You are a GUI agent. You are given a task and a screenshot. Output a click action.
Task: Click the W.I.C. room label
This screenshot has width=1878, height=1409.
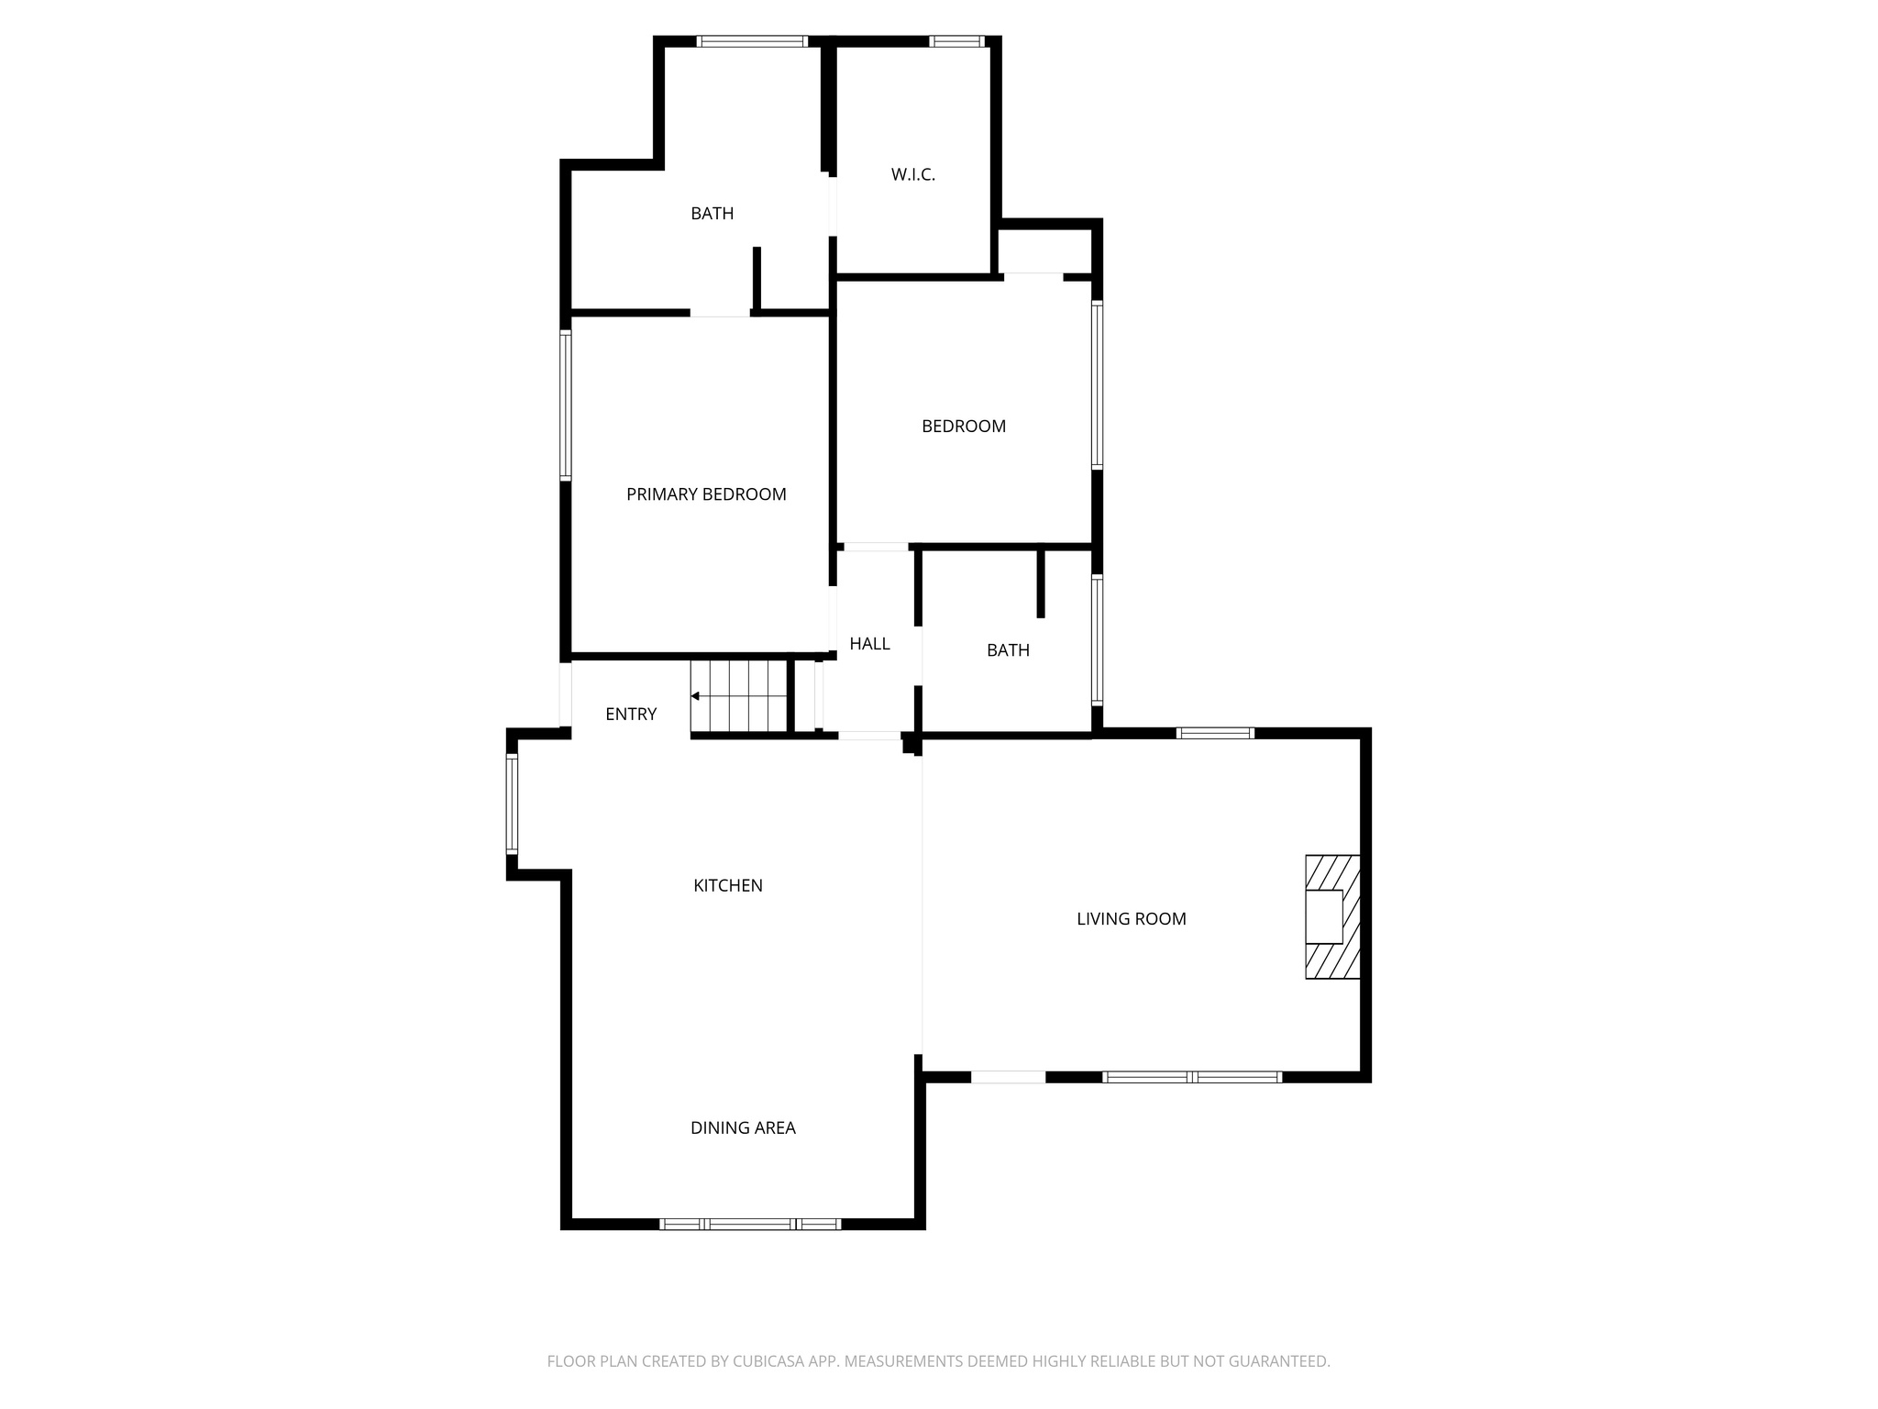(x=912, y=174)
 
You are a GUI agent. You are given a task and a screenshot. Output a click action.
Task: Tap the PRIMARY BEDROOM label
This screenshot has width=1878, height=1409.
(x=706, y=494)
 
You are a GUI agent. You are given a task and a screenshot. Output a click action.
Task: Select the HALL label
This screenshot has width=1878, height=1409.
(x=869, y=644)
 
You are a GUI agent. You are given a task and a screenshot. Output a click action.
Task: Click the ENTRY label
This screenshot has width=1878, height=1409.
(x=631, y=714)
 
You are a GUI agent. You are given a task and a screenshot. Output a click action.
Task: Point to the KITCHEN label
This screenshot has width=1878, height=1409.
(x=727, y=885)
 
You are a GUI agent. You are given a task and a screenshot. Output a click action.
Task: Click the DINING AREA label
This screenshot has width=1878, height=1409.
(x=743, y=1128)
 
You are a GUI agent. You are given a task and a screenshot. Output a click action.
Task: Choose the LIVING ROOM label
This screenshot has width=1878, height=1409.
(x=1131, y=919)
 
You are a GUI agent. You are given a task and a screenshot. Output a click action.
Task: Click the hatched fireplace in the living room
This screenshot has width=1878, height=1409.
(x=1331, y=917)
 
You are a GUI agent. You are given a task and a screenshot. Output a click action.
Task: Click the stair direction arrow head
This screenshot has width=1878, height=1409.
(x=695, y=696)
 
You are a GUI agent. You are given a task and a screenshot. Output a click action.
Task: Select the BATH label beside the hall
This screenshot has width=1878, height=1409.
(x=1008, y=650)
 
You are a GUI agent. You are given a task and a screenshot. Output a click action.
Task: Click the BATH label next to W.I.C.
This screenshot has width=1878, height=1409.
(x=712, y=214)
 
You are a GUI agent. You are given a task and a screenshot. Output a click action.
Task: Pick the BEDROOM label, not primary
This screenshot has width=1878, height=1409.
(x=963, y=426)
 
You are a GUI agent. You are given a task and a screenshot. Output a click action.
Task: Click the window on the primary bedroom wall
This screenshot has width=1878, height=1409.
(x=566, y=405)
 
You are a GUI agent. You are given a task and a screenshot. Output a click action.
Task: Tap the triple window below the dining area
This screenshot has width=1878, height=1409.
(x=750, y=1224)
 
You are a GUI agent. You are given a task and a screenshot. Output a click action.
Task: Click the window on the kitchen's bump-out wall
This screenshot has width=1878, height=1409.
(x=512, y=804)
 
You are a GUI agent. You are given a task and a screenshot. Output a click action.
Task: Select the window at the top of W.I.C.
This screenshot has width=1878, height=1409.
(x=956, y=41)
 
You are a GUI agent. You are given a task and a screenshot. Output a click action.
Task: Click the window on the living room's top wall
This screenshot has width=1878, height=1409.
(x=1215, y=733)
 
